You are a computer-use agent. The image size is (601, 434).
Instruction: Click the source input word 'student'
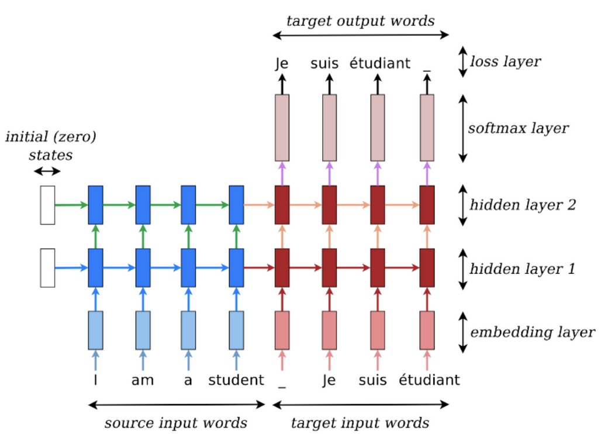pos(236,380)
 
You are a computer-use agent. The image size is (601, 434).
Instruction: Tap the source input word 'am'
pos(143,380)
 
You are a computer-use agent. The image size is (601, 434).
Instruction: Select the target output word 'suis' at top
pos(324,63)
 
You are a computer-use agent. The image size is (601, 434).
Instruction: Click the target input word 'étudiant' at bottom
pos(429,380)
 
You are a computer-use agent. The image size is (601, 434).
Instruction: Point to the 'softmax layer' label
pos(518,128)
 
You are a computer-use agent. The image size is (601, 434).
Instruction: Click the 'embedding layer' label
pos(533,333)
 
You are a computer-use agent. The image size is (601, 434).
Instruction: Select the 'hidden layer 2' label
pos(523,205)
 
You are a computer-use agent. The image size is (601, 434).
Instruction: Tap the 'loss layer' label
pos(505,61)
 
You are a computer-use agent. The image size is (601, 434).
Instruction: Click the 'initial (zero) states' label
pos(51,146)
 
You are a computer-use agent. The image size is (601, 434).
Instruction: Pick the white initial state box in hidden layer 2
pos(47,205)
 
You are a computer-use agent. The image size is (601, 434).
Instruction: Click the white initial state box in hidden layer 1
pos(47,268)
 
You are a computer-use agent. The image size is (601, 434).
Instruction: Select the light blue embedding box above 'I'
pos(95,330)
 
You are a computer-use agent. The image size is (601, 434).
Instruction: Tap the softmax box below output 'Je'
pos(282,128)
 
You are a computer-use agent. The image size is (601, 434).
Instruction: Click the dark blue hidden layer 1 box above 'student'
pos(236,268)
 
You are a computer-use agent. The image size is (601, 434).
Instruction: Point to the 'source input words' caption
pos(175,423)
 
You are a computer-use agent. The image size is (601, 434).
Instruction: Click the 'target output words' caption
pos(361,21)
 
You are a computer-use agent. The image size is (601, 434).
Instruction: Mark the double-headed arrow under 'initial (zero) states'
pos(47,171)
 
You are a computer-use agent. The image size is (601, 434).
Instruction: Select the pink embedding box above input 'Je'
pos(329,330)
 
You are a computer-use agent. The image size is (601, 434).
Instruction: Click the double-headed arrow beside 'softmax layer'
pos(463,128)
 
